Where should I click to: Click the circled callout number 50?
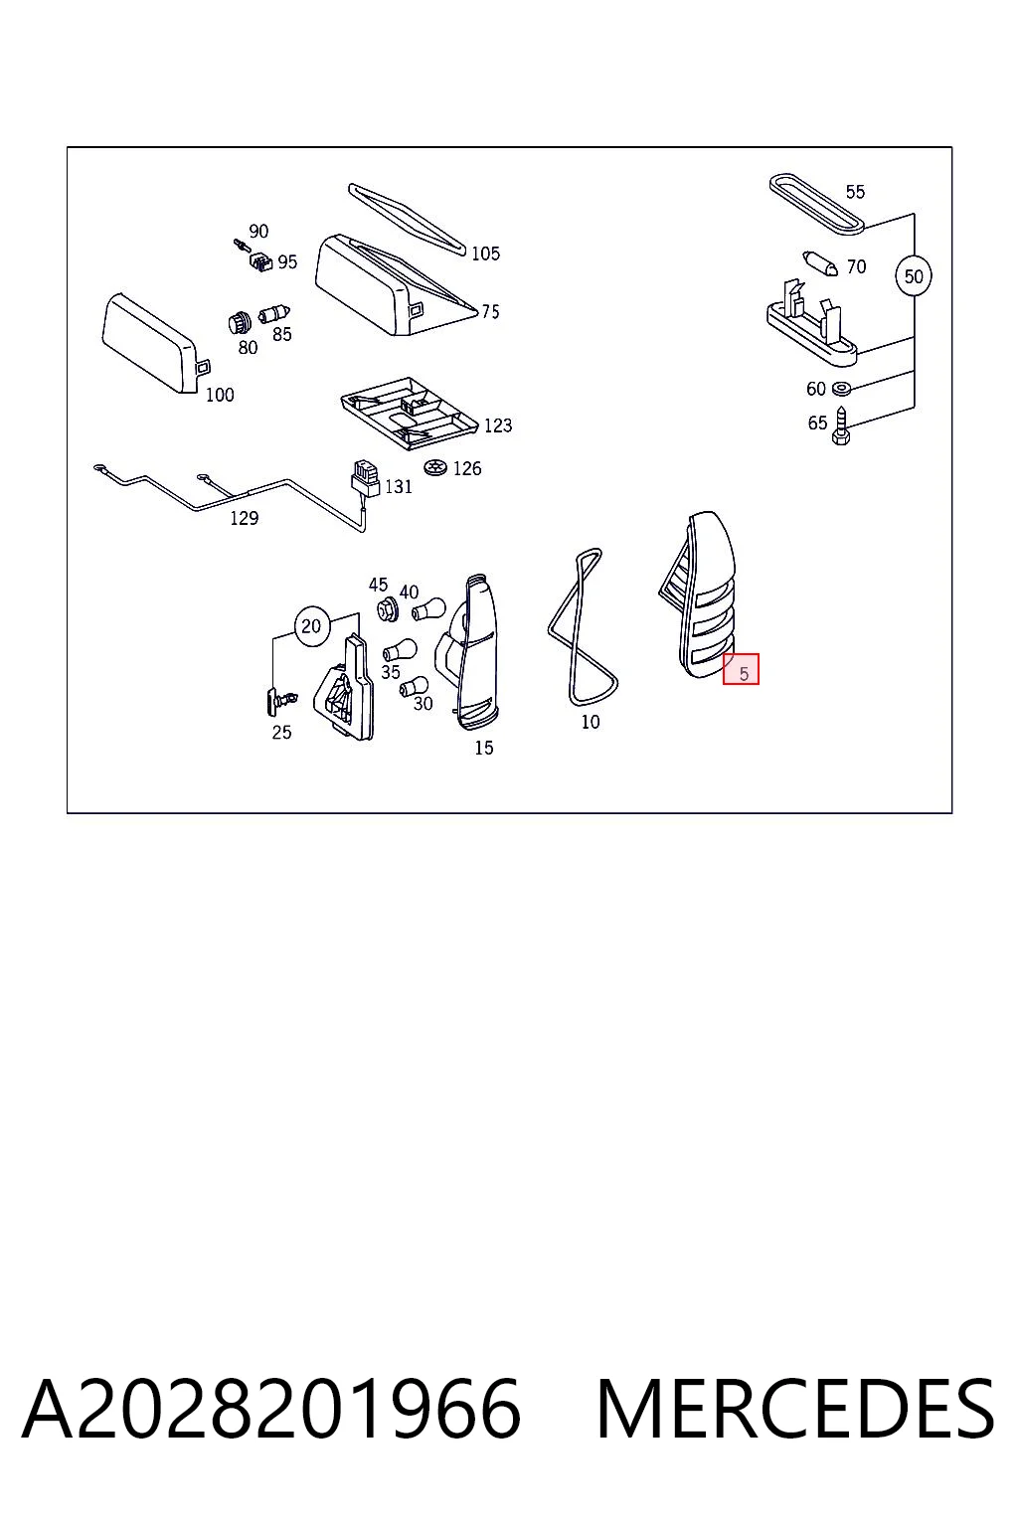pos(913,276)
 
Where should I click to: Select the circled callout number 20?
pos(311,625)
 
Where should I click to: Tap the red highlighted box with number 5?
pos(742,669)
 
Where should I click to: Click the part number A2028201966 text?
pos(272,1409)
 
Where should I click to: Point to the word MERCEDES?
pos(795,1409)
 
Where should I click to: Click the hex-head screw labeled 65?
pos(841,426)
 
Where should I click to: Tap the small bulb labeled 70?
pos(820,263)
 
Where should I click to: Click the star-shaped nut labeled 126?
pos(433,467)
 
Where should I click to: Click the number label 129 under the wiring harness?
pos(245,519)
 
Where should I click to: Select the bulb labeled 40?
pos(428,608)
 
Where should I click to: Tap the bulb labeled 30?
pos(414,687)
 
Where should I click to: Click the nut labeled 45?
pos(388,608)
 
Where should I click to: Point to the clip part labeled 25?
pos(279,700)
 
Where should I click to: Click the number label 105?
pos(485,254)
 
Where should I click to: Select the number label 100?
pos(220,395)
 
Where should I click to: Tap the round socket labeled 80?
pos(240,322)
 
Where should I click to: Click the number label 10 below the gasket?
pos(591,721)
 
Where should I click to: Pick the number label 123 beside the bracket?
pos(498,426)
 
